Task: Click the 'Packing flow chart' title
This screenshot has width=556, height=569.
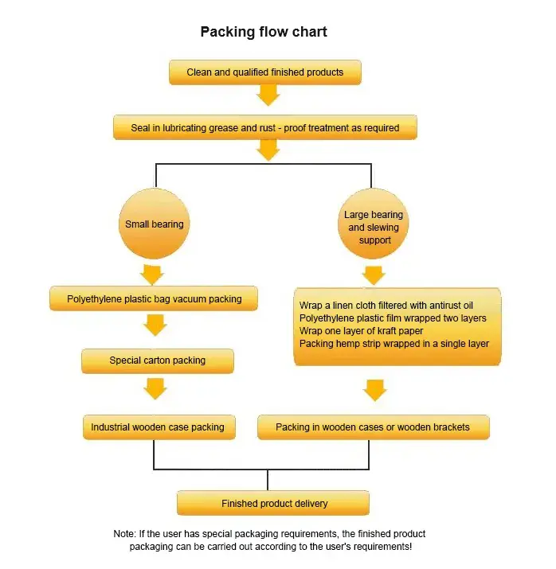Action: (x=264, y=32)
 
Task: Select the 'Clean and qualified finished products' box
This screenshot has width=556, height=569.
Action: (x=265, y=72)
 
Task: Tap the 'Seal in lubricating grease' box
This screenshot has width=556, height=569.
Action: (x=265, y=127)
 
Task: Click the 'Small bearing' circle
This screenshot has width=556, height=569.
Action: (x=155, y=224)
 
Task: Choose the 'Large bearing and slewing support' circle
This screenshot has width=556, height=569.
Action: (x=374, y=227)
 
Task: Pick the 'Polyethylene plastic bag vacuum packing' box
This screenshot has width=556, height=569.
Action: (x=154, y=299)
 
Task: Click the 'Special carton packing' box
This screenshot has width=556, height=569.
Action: (x=157, y=360)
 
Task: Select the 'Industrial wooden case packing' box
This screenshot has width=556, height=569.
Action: (x=157, y=427)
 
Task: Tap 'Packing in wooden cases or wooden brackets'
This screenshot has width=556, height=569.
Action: (x=373, y=427)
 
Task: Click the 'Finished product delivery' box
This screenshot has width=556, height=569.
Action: (x=273, y=504)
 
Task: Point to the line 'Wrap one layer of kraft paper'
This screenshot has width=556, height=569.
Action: (x=361, y=331)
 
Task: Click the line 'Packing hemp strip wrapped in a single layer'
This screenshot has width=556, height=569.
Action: (x=394, y=344)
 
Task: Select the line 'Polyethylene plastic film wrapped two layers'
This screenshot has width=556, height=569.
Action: (x=393, y=318)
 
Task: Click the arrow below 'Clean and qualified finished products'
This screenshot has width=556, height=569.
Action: (x=268, y=95)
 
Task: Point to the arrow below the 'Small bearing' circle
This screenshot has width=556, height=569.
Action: (x=152, y=275)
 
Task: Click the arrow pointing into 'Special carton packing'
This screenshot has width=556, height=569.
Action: (x=156, y=325)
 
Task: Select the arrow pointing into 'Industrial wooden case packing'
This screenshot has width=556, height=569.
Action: (x=156, y=388)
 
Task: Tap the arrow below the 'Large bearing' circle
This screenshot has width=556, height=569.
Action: (x=374, y=275)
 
